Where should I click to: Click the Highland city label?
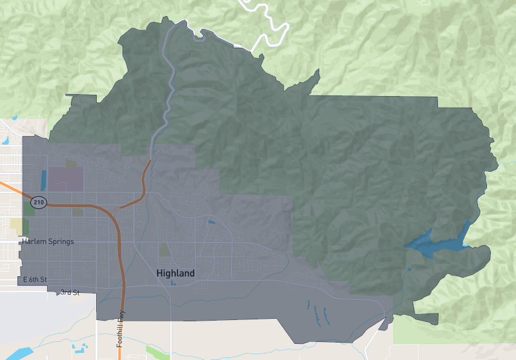[x=175, y=274]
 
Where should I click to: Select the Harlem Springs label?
[x=48, y=241]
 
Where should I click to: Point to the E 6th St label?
[x=35, y=279]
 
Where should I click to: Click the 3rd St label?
[x=70, y=292]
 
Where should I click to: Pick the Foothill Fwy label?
[x=121, y=329]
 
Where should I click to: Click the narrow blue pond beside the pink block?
[x=44, y=179]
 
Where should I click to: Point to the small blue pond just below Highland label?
[x=173, y=283]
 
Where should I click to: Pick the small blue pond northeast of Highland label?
[x=212, y=223]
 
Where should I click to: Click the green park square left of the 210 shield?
[x=29, y=208]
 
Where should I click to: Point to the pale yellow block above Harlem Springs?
[x=17, y=226]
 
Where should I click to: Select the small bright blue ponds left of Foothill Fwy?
[x=82, y=348]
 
